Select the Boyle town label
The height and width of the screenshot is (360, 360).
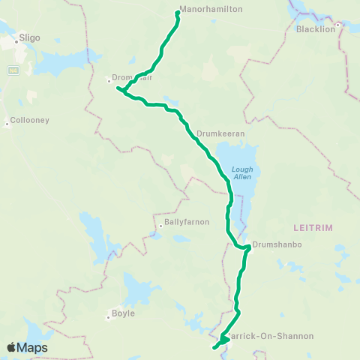(x=123, y=313)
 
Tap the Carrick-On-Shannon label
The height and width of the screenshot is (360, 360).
(x=281, y=336)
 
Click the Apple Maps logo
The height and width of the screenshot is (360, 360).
(x=28, y=347)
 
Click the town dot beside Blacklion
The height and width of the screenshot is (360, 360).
(x=337, y=25)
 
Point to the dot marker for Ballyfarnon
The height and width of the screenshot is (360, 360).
(x=160, y=226)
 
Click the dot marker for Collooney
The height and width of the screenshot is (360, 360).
(x=7, y=125)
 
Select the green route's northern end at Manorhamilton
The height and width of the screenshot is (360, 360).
(x=178, y=12)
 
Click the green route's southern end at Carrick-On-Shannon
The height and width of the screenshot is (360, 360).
(x=214, y=347)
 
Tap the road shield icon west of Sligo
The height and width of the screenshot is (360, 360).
(x=13, y=70)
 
